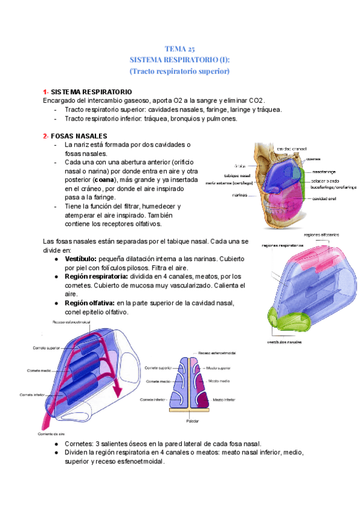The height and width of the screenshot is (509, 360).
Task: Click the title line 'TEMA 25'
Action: point(180,49)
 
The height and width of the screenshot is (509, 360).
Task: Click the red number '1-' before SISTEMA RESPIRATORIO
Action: point(46,91)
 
